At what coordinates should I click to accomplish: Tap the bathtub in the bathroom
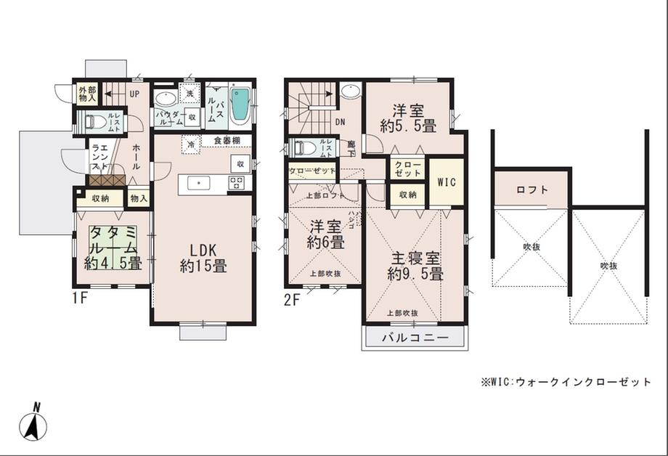coord(240,105)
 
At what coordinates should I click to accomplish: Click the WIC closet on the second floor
coord(446,182)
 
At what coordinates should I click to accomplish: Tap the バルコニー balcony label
coord(415,338)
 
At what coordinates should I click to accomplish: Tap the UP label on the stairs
coord(135,94)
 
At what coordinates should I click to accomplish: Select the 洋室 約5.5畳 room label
coord(408,118)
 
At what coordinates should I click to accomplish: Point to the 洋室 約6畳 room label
coord(325,235)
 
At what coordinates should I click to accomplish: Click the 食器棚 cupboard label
coord(227,140)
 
